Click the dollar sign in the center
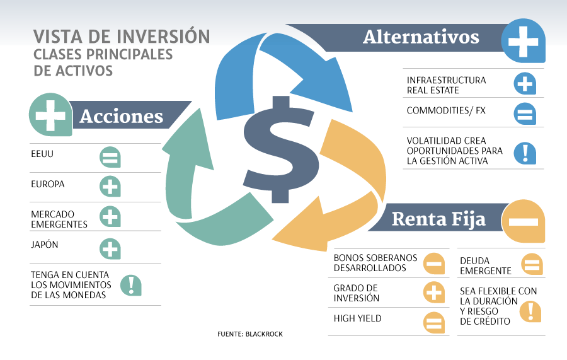pos(280,149)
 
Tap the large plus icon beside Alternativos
pos(524,40)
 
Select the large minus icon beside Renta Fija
pos(524,221)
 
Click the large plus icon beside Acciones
pos(50,115)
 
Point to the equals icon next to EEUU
pos(110,157)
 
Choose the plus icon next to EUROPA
pos(110,187)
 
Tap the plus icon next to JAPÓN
pos(110,249)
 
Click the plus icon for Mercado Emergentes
pos(110,217)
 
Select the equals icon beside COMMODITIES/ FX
pos(525,113)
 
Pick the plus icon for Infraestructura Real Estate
pos(525,84)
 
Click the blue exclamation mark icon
pos(525,153)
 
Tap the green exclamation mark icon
pos(131,285)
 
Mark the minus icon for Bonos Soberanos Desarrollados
pos(434,263)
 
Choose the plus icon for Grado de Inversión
pos(434,293)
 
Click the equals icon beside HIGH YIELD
pos(434,322)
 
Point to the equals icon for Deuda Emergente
pos(532,264)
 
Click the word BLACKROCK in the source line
pos(264,334)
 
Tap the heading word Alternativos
pos(421,37)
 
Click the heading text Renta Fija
pos(438,219)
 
